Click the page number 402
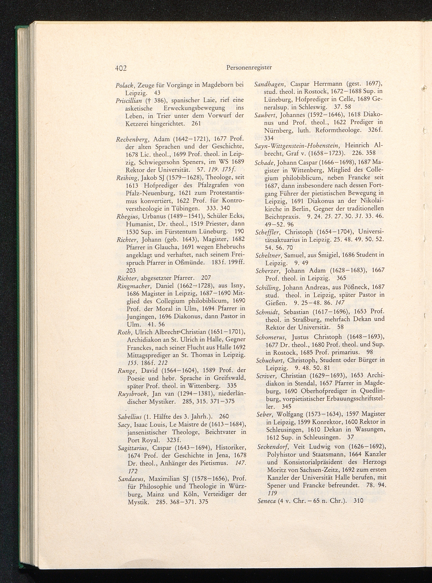(120, 68)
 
